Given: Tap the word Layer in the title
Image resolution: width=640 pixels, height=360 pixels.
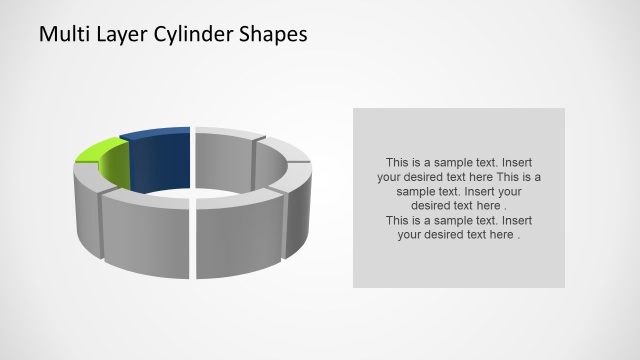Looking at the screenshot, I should [120, 34].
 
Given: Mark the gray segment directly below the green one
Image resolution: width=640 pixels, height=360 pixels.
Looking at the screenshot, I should [85, 200].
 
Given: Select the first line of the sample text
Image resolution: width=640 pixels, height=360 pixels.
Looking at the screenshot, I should [458, 162].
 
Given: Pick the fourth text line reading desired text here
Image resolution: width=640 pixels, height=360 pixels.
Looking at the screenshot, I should [459, 205].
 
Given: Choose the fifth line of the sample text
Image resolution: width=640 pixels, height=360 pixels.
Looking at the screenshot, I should [458, 220].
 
